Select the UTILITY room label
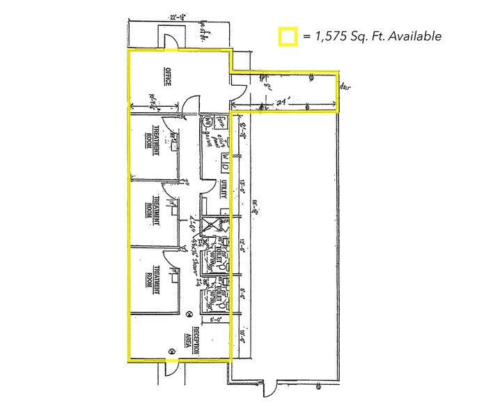[224, 188]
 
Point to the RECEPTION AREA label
[202, 340]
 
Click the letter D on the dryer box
[226, 160]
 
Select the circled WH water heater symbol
[207, 123]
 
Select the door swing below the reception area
[173, 370]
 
